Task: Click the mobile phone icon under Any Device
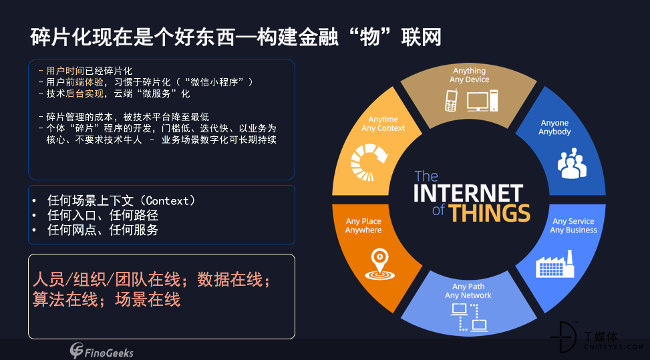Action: [x=451, y=100]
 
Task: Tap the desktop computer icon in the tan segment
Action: [x=482, y=101]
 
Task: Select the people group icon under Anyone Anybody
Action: [x=572, y=163]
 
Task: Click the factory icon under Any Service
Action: [x=555, y=264]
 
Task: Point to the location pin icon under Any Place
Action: [x=379, y=264]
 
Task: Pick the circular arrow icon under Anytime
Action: [x=369, y=162]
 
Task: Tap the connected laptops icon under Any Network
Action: [x=469, y=317]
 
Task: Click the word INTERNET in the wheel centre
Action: [x=468, y=194]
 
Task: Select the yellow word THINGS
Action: [x=489, y=213]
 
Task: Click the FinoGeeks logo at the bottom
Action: [x=102, y=351]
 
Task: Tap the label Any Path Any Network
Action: [x=468, y=291]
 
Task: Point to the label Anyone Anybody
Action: [x=554, y=127]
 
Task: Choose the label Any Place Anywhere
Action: [x=363, y=226]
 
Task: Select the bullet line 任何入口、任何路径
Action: [x=103, y=216]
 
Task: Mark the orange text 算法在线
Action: [x=65, y=299]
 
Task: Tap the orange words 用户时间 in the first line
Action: [x=65, y=71]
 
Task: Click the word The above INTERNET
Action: [x=426, y=176]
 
